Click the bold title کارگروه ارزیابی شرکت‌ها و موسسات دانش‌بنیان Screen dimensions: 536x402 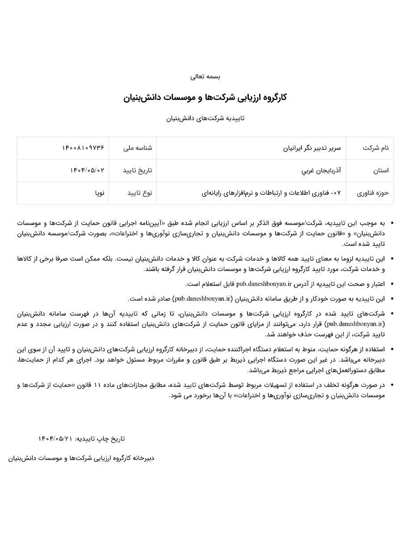coord(205,97)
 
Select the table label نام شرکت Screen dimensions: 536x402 coord(376,148)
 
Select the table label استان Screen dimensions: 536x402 coord(380,171)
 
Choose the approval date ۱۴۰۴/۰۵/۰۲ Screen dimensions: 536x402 coord(87,171)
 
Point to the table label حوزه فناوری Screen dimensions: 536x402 coord(373,193)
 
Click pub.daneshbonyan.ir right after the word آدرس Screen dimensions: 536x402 coord(261,284)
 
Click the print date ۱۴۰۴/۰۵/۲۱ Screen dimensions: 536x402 coord(55,439)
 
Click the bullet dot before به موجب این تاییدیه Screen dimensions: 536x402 coord(392,222)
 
